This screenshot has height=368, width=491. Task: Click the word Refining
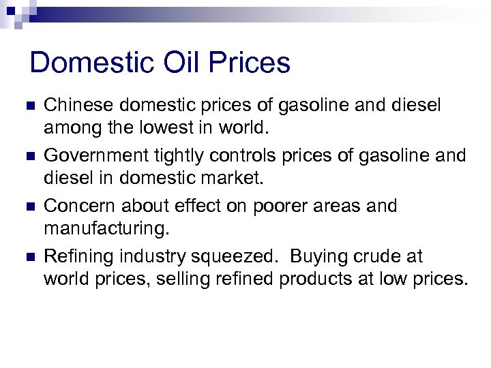[78, 256]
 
